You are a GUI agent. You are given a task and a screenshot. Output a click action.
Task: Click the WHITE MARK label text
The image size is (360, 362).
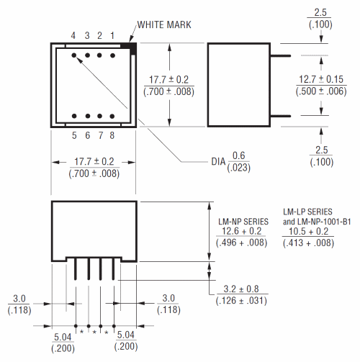[163, 24]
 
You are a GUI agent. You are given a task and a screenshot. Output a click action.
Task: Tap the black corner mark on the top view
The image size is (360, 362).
[130, 47]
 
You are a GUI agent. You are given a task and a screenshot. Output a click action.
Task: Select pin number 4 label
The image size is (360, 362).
[73, 35]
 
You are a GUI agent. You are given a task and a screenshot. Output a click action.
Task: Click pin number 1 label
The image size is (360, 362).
[112, 35]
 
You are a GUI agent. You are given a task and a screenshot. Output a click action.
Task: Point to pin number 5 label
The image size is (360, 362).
[73, 135]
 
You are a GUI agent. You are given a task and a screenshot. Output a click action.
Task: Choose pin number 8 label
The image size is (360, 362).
[112, 135]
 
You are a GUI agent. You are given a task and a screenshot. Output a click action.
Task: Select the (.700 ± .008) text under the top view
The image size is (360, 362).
[94, 173]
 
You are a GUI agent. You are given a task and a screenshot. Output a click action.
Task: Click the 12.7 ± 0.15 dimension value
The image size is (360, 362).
[320, 79]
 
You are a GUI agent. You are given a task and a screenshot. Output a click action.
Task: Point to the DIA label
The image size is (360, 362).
[217, 160]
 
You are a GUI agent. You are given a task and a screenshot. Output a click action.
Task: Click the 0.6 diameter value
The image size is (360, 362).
[238, 155]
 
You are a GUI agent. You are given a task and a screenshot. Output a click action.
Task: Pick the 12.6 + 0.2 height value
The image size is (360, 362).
[243, 231]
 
